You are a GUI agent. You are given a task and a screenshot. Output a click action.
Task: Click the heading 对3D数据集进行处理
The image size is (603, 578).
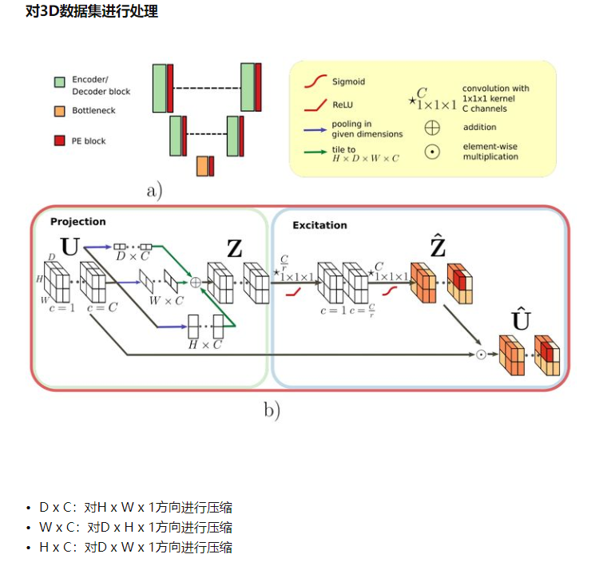(x=92, y=12)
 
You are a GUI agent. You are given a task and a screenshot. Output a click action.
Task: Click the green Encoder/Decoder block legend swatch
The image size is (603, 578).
(x=59, y=82)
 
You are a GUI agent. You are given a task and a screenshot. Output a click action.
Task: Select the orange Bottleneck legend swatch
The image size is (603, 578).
(x=59, y=110)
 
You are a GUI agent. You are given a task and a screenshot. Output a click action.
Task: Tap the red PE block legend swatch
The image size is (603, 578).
(x=59, y=141)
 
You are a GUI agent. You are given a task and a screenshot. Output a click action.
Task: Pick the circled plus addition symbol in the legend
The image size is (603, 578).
(x=432, y=127)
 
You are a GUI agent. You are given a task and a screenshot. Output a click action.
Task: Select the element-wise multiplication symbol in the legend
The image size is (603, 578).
(x=432, y=152)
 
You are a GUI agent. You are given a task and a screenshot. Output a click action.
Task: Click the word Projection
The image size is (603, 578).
(x=77, y=221)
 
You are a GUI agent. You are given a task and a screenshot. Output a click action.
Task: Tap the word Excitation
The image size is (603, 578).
(x=319, y=225)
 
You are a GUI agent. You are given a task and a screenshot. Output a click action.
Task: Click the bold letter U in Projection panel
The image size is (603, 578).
(x=70, y=247)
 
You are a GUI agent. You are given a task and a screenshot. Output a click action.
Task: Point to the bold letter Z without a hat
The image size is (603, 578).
(x=234, y=249)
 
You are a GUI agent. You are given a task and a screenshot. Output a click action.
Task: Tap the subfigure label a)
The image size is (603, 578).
(x=154, y=191)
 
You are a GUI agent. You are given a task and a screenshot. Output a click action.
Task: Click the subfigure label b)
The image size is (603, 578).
(x=272, y=410)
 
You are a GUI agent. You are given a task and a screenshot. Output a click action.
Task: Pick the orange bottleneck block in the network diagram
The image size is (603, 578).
(x=202, y=165)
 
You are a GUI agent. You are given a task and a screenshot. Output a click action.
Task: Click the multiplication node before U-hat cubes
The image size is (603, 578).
(x=481, y=354)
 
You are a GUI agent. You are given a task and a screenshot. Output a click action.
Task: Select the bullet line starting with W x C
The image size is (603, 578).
(x=136, y=528)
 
